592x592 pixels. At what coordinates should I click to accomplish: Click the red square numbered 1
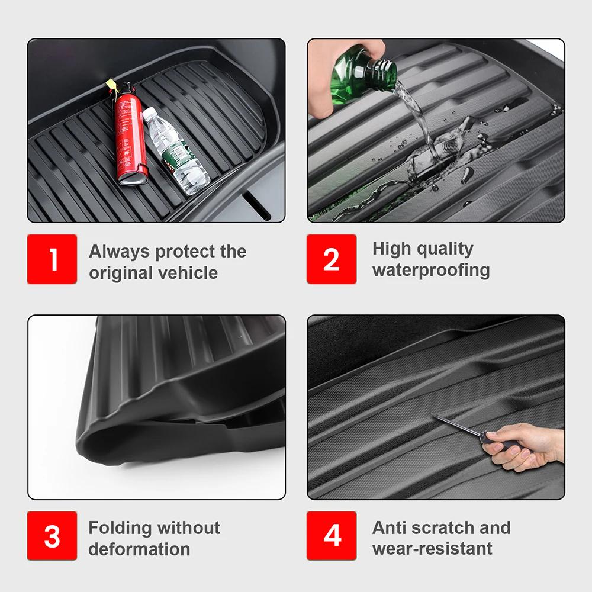52,259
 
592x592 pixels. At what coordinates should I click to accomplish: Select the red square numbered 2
332,259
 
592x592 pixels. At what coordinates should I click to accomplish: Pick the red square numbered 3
52,536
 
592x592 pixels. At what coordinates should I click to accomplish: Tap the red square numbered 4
332,536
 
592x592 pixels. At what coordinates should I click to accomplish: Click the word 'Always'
119,252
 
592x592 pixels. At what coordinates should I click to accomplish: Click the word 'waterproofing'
431,271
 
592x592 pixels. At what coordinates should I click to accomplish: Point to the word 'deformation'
139,549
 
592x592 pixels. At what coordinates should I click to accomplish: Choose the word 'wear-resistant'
432,548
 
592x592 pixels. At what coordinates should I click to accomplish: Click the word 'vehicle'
188,273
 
